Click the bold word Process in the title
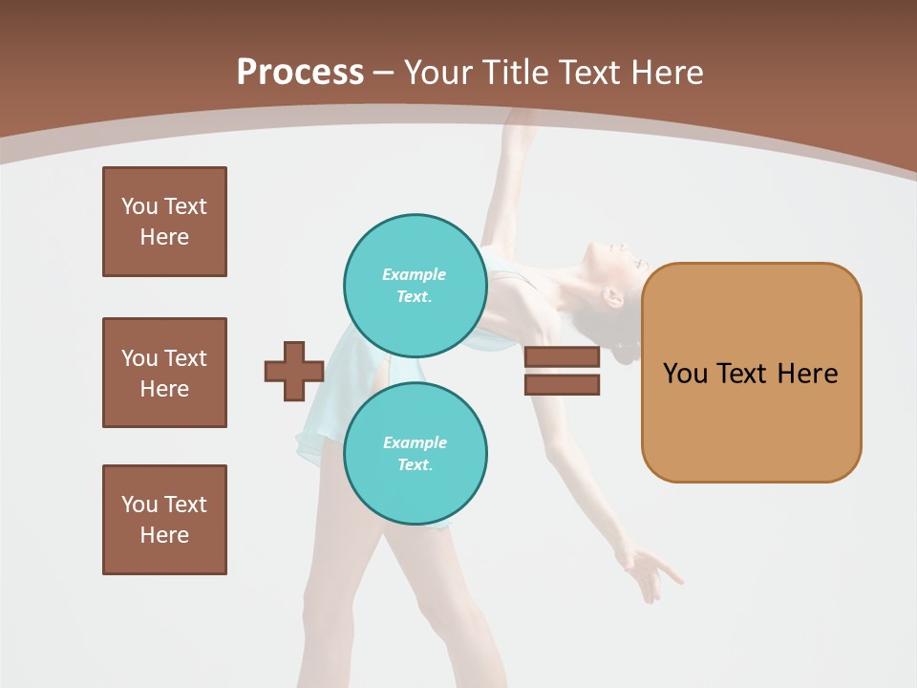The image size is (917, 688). coord(300,73)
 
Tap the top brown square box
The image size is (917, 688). coord(164,222)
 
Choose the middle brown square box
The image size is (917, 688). coord(164,373)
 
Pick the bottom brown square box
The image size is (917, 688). coord(164,520)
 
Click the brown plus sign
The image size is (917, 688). coord(294,371)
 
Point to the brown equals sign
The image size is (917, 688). coord(562,371)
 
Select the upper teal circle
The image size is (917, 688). coord(415,285)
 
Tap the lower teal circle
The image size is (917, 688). coord(415,453)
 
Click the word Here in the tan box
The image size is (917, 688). coord(807,374)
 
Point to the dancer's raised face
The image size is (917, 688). coord(611,263)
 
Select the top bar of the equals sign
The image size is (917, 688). coord(562,357)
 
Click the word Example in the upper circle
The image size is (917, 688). coord(415,274)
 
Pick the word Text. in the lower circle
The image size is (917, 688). coord(415,465)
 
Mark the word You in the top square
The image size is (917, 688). coord(139,206)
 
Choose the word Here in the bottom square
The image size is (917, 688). coord(164,535)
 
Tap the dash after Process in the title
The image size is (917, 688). coord(384,73)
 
